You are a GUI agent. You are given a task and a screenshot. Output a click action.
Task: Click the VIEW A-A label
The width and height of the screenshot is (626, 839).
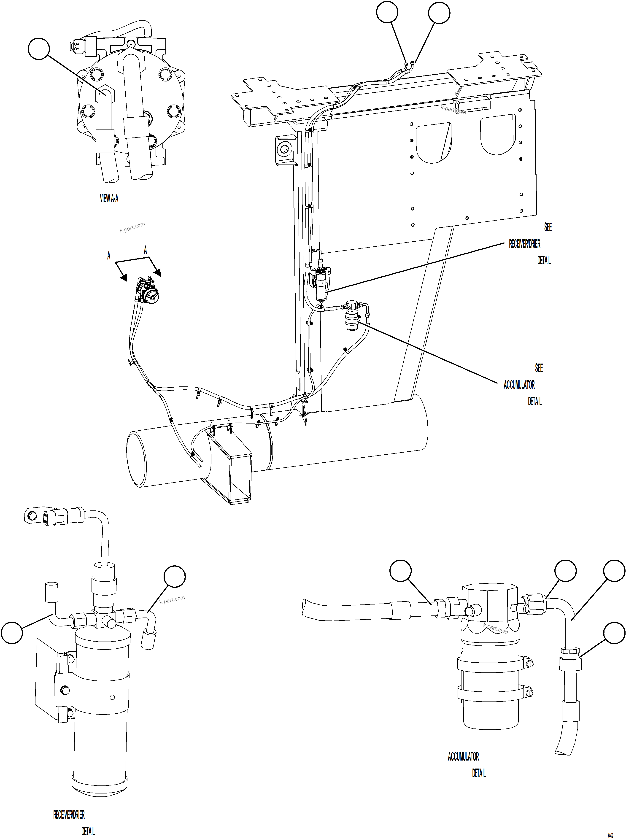click(109, 199)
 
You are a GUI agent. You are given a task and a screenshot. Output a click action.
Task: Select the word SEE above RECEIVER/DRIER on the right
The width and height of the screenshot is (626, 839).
click(548, 227)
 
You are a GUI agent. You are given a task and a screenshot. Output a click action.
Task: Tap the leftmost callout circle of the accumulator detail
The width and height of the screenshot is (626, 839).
click(401, 571)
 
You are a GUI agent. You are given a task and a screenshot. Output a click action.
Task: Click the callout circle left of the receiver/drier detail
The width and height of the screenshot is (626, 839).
click(12, 632)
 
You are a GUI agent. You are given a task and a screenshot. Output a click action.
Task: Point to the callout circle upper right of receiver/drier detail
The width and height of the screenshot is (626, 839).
click(175, 576)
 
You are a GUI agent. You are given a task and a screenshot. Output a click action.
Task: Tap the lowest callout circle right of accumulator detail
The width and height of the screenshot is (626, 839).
click(614, 632)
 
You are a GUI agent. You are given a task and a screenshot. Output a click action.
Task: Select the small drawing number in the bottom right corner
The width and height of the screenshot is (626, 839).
click(610, 825)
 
